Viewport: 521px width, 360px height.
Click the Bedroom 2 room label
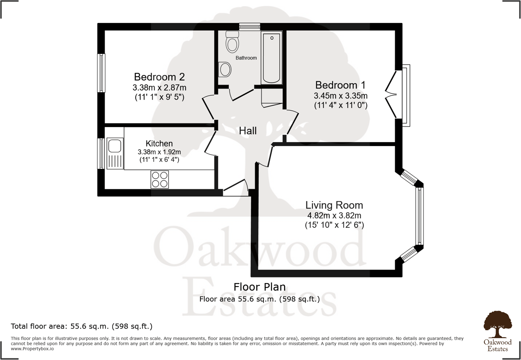coord(159,77)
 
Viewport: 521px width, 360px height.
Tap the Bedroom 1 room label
coord(340,85)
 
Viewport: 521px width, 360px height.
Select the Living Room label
coord(334,205)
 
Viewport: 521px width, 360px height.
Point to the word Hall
coord(248,131)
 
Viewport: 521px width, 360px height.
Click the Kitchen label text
coord(159,143)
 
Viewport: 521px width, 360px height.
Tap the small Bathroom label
coord(246,58)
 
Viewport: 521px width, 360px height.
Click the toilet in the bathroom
coord(232,42)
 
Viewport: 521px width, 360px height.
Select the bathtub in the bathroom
coord(271,58)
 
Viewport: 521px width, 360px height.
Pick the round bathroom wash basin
coord(225,69)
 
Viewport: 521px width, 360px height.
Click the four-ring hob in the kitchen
coord(160,179)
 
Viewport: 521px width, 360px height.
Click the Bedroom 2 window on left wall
coord(102,73)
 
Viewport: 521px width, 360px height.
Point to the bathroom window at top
coord(250,27)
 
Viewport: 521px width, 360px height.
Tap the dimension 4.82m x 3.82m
coord(334,216)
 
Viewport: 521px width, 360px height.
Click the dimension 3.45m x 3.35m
coord(340,96)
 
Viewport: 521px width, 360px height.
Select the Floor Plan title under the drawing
coord(260,287)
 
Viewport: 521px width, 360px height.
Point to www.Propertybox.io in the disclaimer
coord(32,349)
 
